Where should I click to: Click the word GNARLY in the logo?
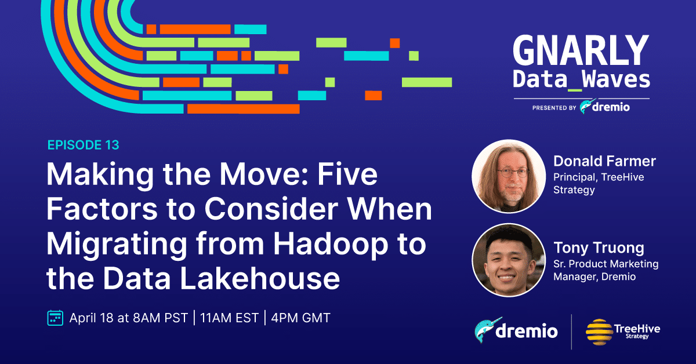(x=581, y=50)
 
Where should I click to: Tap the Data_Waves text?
(x=581, y=80)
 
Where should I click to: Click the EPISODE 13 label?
(x=84, y=145)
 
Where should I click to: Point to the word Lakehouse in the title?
(x=260, y=278)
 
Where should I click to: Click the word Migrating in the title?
(x=117, y=245)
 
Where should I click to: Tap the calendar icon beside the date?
(x=55, y=318)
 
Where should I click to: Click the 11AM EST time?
(x=229, y=318)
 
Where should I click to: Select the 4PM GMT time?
(x=300, y=318)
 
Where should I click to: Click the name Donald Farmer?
(x=604, y=161)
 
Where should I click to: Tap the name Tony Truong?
(x=599, y=248)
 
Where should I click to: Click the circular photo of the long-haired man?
(x=509, y=176)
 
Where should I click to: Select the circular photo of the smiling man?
(x=509, y=260)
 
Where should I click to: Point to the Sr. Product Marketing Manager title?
(x=606, y=270)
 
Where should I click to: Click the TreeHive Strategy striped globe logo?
(x=599, y=332)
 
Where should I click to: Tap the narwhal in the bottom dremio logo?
(x=487, y=330)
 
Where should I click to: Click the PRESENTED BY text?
(x=554, y=108)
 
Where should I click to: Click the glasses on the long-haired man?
(x=513, y=172)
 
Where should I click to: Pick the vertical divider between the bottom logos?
(x=571, y=332)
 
